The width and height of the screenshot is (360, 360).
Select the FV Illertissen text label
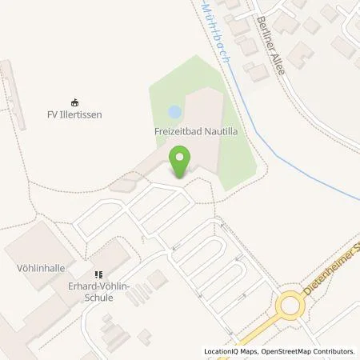click(74, 114)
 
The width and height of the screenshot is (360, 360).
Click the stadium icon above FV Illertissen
click(74, 102)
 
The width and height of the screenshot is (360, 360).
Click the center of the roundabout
click(290, 306)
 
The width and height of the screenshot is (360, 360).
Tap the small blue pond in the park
click(174, 111)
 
